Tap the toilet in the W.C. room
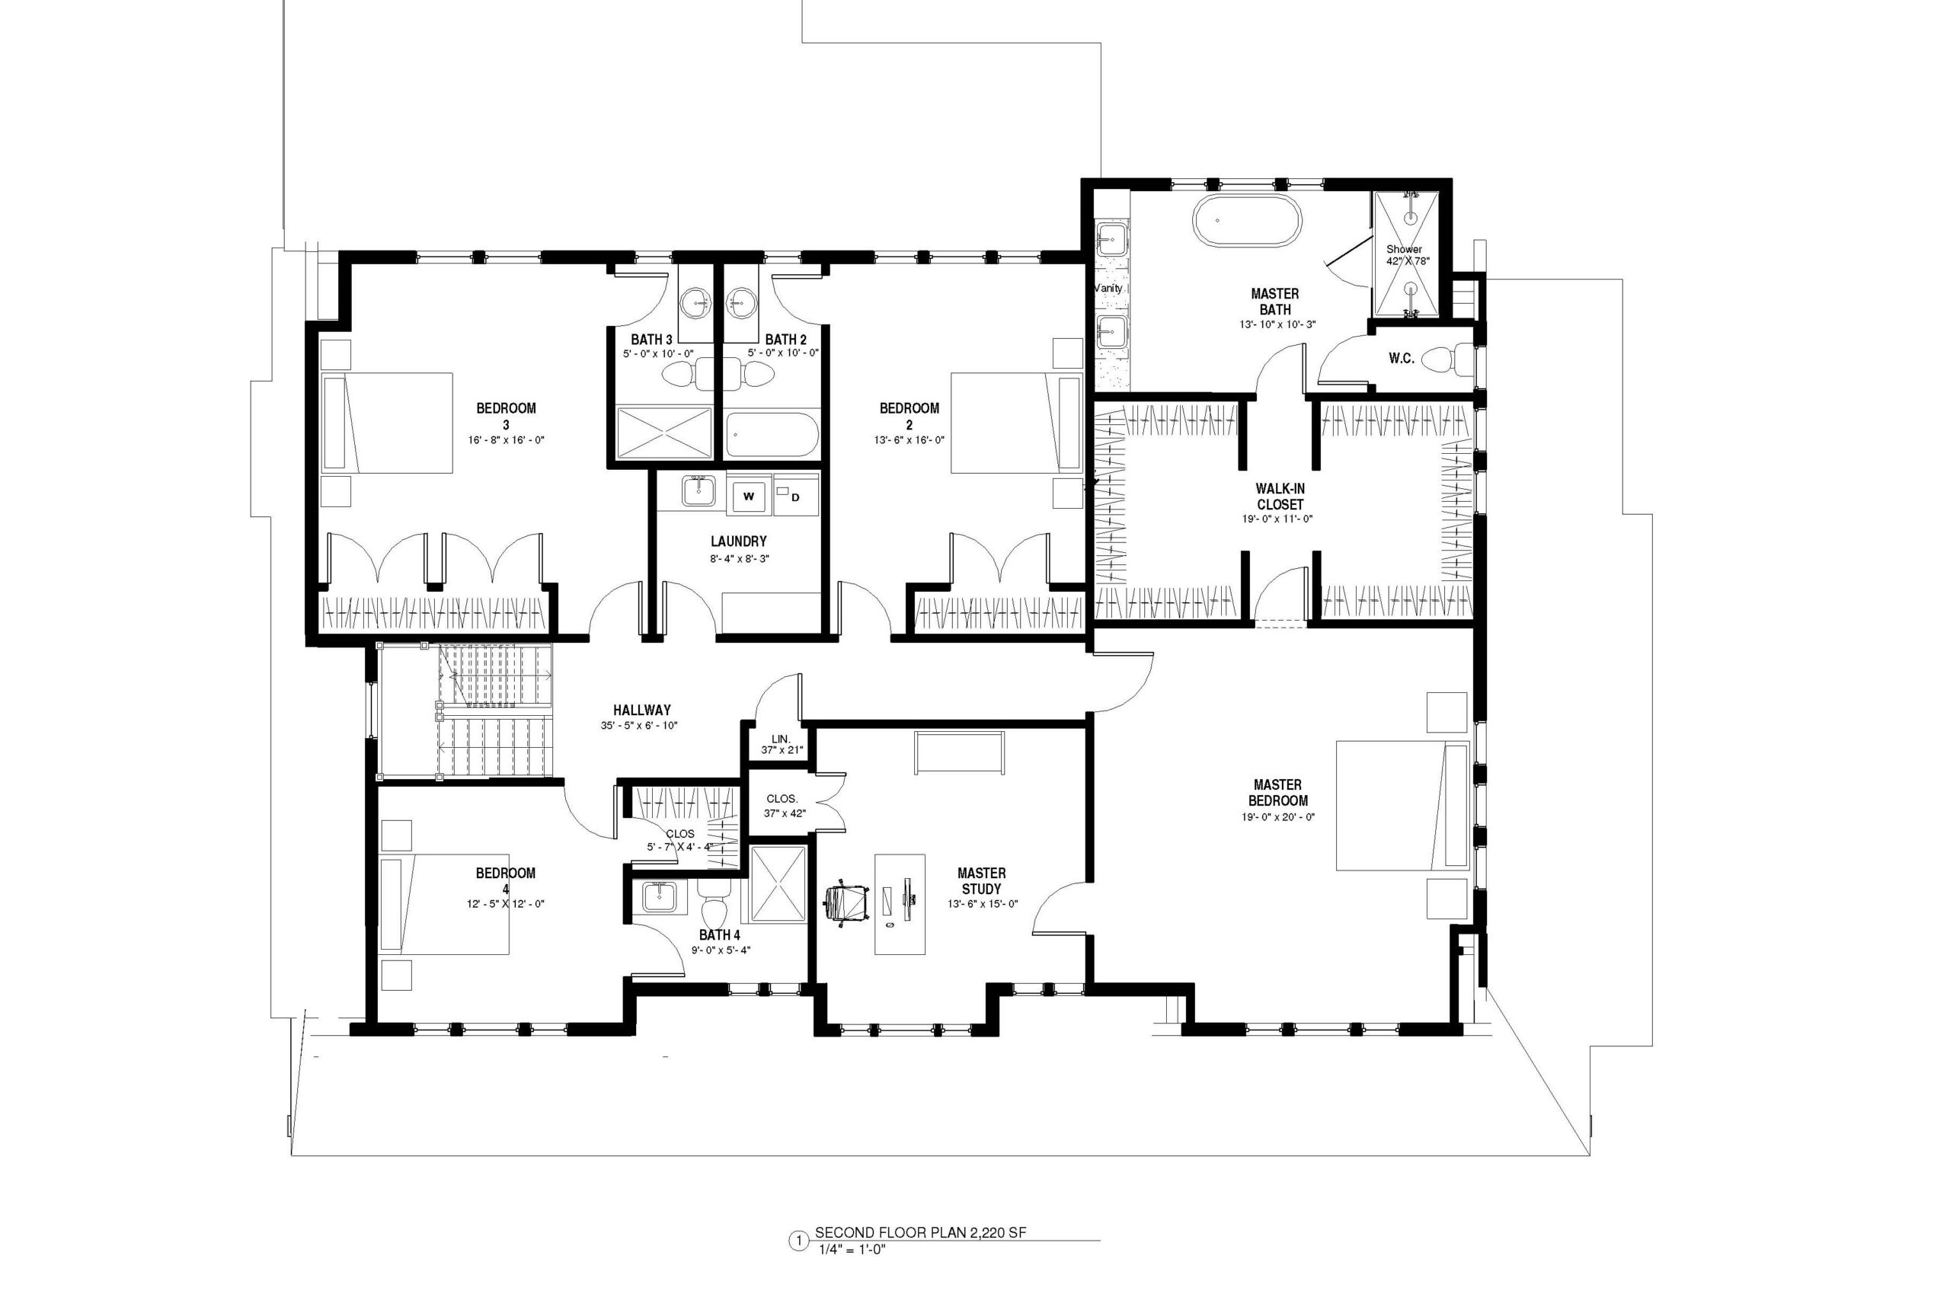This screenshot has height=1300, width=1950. pos(1447,359)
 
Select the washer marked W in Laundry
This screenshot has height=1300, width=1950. pos(750,496)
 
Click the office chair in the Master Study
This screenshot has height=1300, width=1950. pos(846,900)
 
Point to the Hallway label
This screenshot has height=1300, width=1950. pos(641,710)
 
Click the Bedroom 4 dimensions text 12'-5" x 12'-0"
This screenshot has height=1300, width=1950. pos(505,904)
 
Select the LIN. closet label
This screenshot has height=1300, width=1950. pos(781,738)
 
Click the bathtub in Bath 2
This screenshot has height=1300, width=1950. pos(772,434)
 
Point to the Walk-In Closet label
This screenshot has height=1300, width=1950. pos(1279,497)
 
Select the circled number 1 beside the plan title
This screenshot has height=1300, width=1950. pos(798,1264)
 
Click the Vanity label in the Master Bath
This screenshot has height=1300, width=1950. pos(1108,289)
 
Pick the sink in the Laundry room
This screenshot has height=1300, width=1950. pos(699,490)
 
